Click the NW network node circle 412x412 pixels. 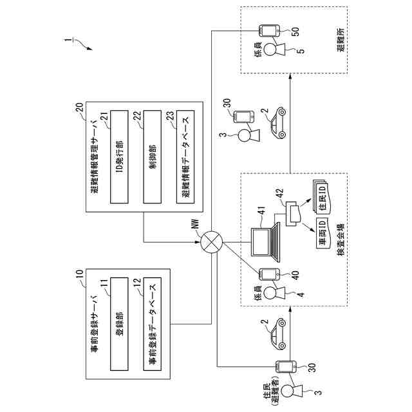tap(212, 242)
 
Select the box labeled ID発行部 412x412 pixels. tap(119, 157)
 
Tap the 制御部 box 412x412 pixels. tap(153, 157)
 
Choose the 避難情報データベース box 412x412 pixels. tap(185, 157)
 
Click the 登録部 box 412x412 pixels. tap(119, 324)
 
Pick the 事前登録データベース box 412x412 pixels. tap(153, 324)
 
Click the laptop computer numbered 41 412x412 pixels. tap(265, 242)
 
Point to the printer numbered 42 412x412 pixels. tap(292, 214)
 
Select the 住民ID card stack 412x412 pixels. tap(321, 196)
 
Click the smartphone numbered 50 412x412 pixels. tap(269, 31)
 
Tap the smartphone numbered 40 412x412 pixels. tap(269, 274)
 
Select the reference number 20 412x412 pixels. tap(79, 108)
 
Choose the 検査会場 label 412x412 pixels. tap(341, 239)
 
